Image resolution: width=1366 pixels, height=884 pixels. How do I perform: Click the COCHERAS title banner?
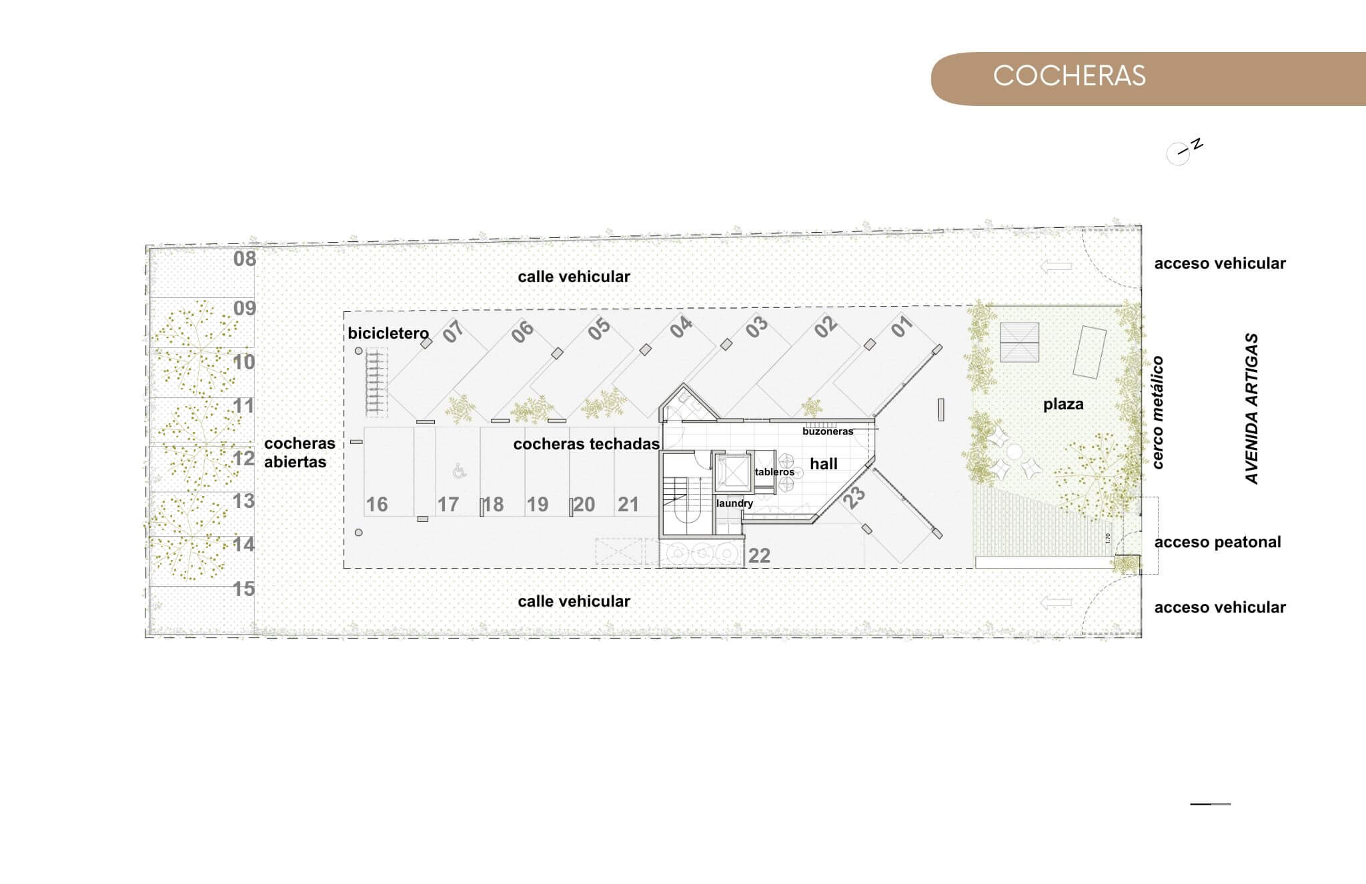1148,79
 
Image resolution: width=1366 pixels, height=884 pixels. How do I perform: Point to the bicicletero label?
388,333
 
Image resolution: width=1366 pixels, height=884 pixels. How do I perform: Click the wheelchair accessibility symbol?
459,471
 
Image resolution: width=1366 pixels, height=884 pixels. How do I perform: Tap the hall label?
824,464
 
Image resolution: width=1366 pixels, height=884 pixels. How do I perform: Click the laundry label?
734,503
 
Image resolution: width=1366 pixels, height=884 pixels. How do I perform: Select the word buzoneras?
828,431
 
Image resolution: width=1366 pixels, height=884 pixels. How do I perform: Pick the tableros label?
774,472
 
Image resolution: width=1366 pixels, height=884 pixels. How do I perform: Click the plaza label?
1063,404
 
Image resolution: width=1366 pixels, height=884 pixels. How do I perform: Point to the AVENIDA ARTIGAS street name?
1252,409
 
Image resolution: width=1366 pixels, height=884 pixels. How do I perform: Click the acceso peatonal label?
1217,542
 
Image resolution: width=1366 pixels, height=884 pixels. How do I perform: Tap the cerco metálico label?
1157,412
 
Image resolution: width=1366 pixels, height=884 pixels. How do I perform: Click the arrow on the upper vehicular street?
1056,267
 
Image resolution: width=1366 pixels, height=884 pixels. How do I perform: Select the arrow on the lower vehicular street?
1056,603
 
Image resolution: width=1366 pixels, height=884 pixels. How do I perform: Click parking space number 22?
759,555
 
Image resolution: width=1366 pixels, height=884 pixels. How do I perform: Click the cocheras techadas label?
586,444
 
